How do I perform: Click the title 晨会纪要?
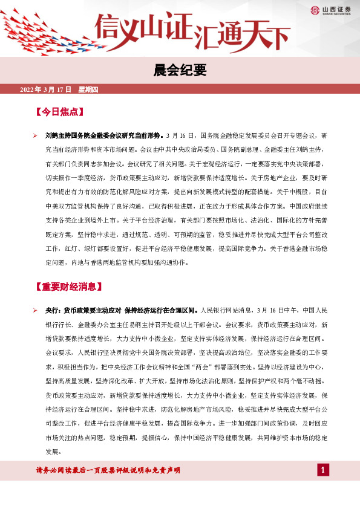pos(180,71)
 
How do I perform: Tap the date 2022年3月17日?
pos(46,90)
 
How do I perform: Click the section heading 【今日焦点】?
pos(59,112)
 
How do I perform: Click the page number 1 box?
pos(323,470)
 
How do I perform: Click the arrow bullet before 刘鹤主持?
pos(36,135)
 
